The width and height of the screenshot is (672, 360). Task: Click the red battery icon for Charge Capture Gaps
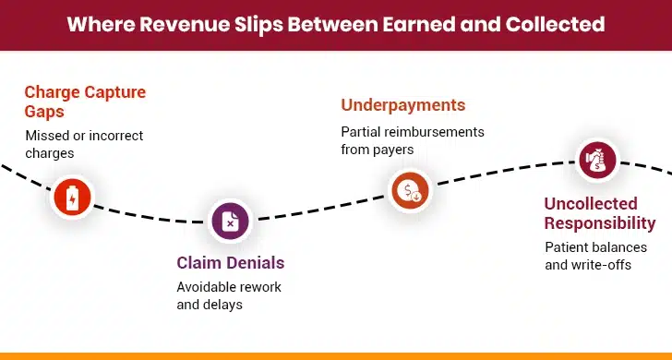click(72, 196)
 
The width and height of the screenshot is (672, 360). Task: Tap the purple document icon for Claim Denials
click(230, 221)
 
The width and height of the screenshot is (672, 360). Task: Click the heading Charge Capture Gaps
click(85, 102)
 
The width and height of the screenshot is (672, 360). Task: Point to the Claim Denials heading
click(230, 263)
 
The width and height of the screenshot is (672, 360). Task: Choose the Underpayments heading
click(403, 104)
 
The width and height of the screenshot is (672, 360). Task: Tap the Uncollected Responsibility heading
click(599, 213)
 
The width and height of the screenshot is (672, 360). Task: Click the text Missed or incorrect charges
click(84, 144)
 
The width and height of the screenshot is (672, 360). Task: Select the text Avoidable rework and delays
click(229, 295)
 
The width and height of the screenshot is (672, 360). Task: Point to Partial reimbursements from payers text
click(413, 140)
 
